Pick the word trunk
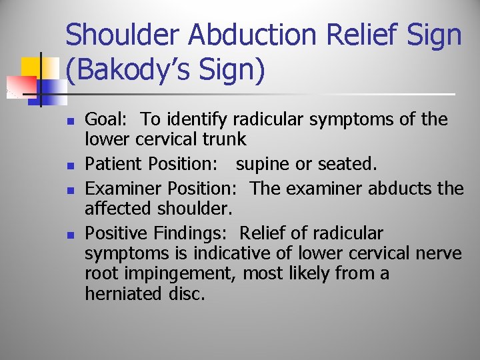(x=225, y=139)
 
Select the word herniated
(x=121, y=294)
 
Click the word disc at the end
(x=184, y=294)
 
